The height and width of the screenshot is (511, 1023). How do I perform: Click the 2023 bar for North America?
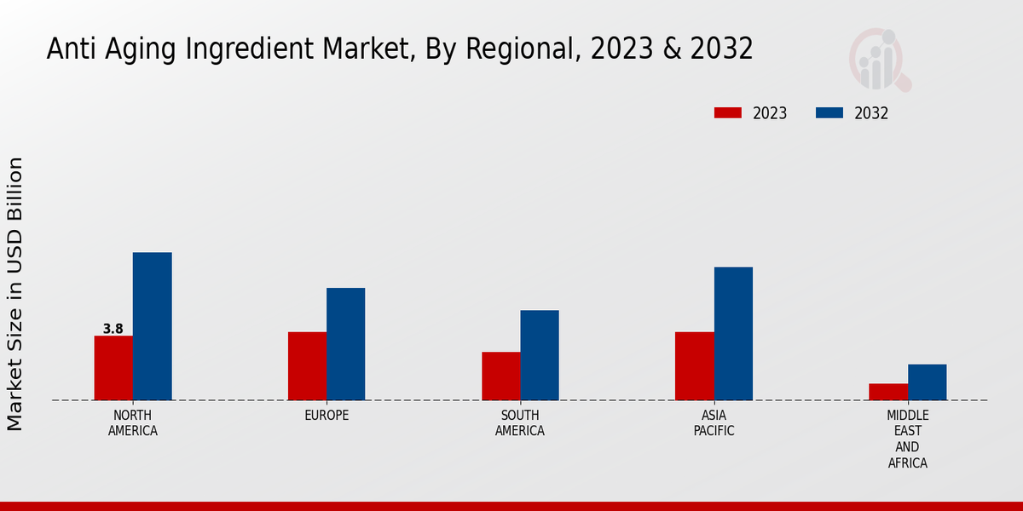(x=113, y=368)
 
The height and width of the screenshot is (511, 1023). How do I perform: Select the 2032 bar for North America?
(x=152, y=326)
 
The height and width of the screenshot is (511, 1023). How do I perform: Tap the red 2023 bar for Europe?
(x=307, y=366)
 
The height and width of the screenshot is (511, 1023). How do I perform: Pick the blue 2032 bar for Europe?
(x=345, y=344)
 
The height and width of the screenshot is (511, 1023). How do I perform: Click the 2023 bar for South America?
(x=500, y=376)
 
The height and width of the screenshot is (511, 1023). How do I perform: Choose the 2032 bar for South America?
(x=540, y=355)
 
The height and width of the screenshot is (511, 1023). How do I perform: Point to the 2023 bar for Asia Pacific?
(x=694, y=366)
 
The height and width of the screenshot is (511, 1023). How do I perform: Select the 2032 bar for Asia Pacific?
(x=733, y=334)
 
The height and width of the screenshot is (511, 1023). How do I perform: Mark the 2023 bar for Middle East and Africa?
(x=888, y=392)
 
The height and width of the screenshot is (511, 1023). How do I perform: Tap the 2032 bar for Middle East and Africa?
(x=927, y=382)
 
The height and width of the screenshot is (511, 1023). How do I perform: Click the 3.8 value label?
(x=113, y=329)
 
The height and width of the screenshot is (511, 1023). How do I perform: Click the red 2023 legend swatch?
(x=728, y=113)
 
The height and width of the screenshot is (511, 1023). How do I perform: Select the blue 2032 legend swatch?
(x=829, y=113)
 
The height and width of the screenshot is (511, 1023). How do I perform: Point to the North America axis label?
(x=133, y=423)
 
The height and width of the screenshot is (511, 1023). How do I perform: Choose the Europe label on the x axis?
(x=327, y=416)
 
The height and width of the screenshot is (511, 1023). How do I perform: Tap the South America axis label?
(x=520, y=423)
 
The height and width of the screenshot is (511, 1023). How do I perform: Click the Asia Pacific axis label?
(x=714, y=423)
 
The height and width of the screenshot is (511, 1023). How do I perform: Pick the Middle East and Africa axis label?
(x=907, y=439)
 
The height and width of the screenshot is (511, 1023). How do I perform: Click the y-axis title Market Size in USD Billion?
(x=15, y=294)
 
